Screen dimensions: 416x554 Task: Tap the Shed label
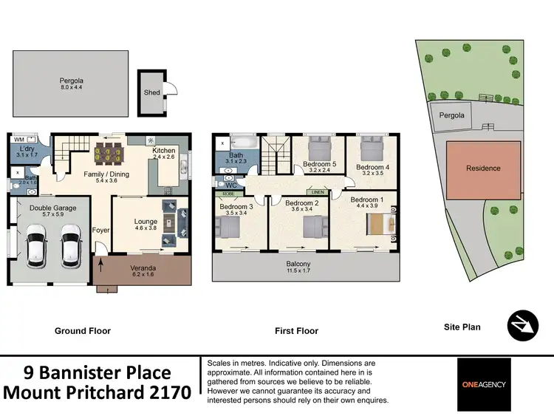151,93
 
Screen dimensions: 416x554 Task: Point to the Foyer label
100,231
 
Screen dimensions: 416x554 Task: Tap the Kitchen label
163,151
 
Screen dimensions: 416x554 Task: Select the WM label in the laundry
18,139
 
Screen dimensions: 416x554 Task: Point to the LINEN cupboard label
318,191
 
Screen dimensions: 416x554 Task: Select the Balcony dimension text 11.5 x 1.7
299,272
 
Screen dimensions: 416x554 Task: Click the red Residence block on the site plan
483,168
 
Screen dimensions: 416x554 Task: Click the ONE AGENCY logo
483,384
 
